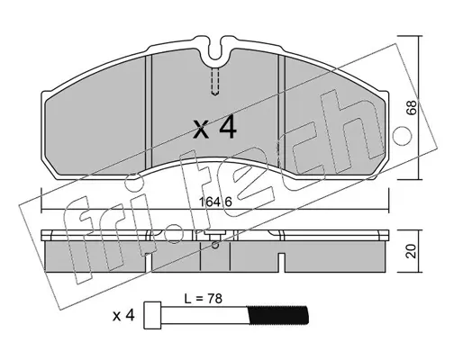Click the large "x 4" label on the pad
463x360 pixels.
click(x=214, y=129)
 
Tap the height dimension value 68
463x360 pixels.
click(x=412, y=107)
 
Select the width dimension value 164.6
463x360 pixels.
click(x=215, y=202)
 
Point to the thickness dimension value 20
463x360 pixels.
click(x=412, y=251)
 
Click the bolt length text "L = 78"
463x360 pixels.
click(x=204, y=299)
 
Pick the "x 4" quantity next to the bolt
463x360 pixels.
click(x=123, y=316)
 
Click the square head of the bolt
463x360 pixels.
click(x=153, y=315)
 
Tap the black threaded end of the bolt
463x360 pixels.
click(x=278, y=315)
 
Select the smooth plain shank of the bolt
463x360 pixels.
click(x=204, y=315)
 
